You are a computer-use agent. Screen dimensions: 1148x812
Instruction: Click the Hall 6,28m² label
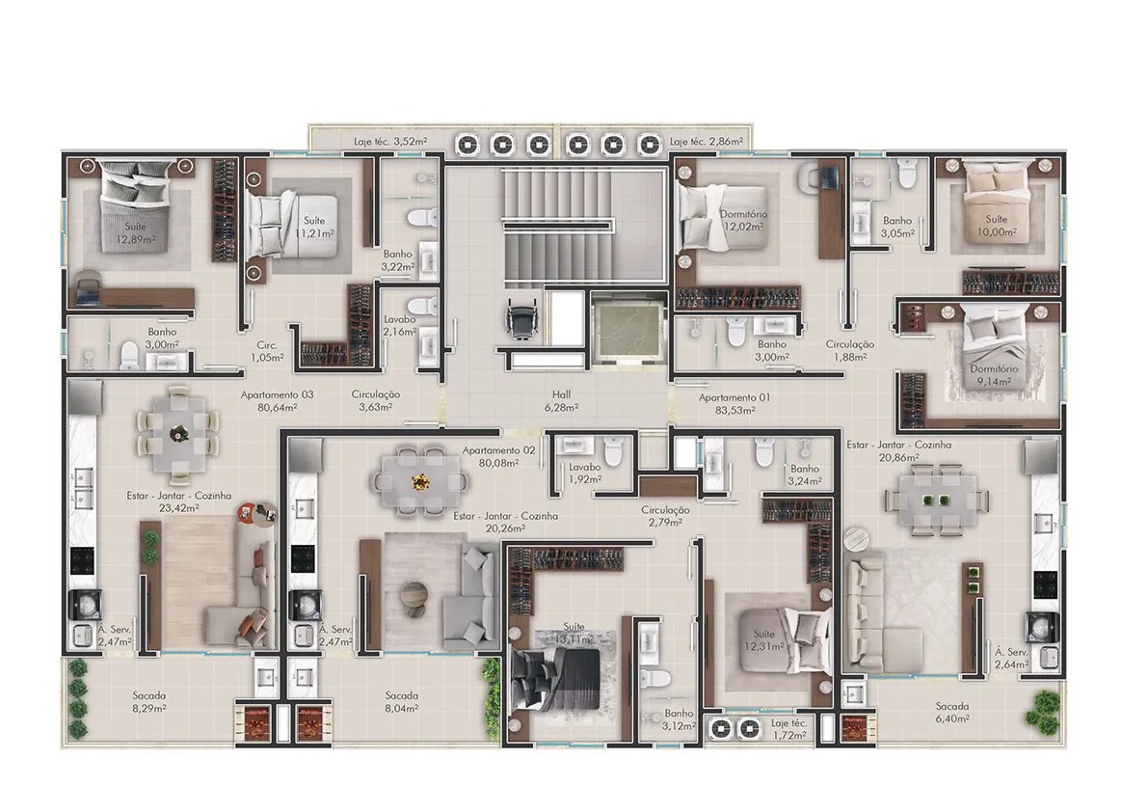point(562,400)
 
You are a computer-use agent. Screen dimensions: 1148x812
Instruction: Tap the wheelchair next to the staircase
point(522,318)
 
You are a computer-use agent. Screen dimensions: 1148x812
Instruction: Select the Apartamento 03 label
point(277,400)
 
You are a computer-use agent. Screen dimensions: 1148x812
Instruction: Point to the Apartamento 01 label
point(734,403)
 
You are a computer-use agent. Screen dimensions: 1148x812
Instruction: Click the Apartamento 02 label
point(498,457)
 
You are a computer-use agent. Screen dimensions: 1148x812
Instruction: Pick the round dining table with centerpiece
point(178,435)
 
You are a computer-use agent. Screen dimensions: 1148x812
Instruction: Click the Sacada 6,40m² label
point(952,713)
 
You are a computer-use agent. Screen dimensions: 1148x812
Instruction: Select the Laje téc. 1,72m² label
point(788,728)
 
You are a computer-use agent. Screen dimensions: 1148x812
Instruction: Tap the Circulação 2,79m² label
point(665,516)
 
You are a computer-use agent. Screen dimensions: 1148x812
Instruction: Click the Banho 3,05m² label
point(896,227)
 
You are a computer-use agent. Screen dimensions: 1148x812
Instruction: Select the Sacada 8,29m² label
point(148,701)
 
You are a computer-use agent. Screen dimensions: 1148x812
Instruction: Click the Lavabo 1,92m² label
point(585,473)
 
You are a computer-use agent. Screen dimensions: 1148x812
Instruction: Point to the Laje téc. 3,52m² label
point(390,142)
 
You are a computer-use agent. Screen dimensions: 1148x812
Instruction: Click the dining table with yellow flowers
point(420,481)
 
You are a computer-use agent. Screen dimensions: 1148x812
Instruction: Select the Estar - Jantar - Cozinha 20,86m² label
point(899,451)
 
